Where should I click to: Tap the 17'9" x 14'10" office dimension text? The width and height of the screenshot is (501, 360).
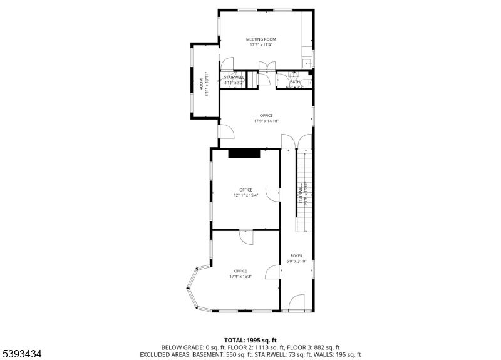coord(266,121)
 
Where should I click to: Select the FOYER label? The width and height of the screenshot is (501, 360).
coord(296,255)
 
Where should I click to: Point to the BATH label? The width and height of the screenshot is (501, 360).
coord(294,81)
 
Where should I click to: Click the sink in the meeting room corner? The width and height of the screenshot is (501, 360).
coord(307,63)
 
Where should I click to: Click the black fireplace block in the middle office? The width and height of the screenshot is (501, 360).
coord(244,153)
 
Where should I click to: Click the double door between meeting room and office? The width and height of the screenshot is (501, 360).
coord(267,66)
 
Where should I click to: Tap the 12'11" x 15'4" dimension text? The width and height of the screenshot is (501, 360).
coord(245,195)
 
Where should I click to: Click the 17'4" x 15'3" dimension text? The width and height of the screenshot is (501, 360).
coord(240,276)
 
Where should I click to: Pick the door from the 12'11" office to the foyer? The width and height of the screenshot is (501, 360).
coord(272,195)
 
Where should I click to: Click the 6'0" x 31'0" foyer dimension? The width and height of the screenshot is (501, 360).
coord(296,261)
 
